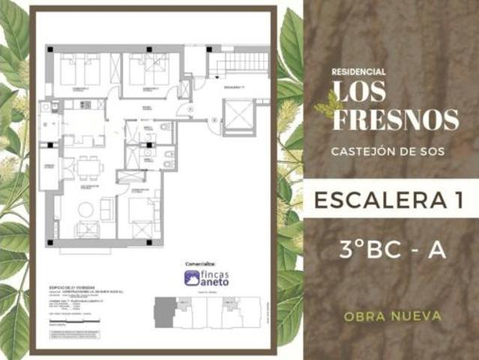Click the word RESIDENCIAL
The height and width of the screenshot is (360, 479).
(358, 72)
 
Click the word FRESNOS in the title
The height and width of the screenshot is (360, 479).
(395, 119)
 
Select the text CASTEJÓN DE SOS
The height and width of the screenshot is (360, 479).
(387, 151)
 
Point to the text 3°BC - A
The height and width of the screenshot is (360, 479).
(392, 250)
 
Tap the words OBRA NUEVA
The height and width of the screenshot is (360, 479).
(392, 316)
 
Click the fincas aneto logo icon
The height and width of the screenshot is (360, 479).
(192, 277)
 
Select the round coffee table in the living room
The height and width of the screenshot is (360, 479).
(85, 210)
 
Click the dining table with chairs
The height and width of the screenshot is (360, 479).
(88, 167)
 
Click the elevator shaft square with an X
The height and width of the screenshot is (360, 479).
(241, 115)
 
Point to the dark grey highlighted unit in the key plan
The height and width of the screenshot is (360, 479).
(163, 312)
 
